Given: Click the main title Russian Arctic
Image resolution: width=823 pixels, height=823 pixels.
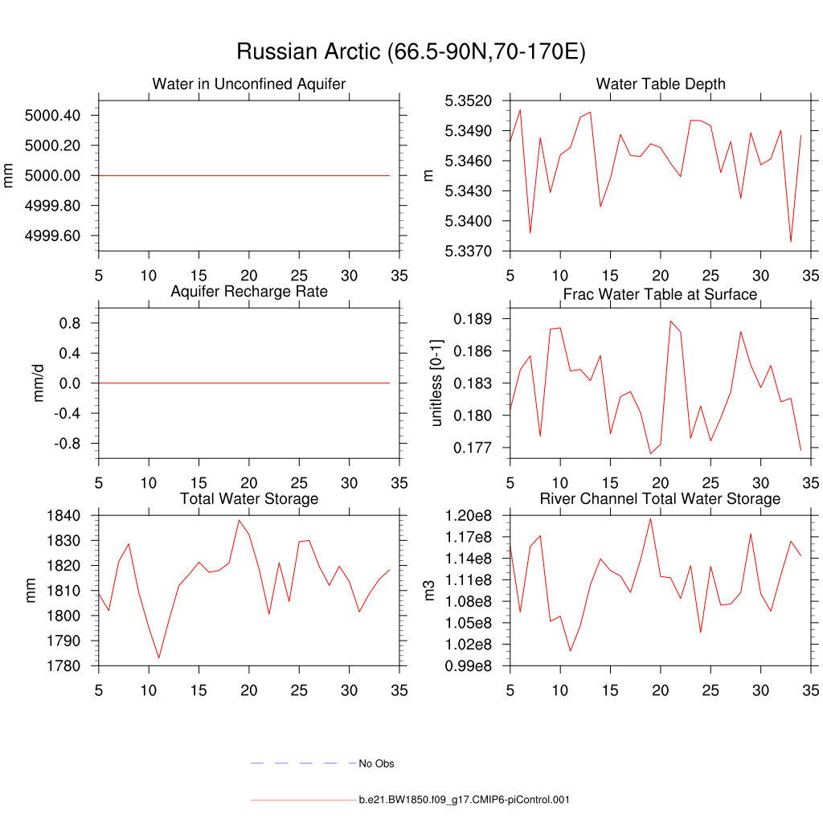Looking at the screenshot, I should [411, 52].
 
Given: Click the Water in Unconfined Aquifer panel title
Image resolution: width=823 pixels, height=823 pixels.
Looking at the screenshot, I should [249, 84].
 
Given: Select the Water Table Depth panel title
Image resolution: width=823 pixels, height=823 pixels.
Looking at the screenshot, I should [661, 84].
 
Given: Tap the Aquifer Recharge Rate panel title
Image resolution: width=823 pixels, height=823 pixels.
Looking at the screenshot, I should [249, 291].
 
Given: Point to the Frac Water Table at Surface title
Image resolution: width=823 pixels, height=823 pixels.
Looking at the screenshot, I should [661, 294].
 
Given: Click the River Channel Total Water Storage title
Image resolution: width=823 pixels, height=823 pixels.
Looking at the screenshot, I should [661, 499].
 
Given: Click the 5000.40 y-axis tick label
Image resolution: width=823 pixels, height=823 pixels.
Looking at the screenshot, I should [52, 116].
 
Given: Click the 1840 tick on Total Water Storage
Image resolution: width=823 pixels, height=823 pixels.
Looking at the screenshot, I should [68, 516].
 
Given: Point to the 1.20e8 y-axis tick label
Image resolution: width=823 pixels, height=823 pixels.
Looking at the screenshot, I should [471, 515].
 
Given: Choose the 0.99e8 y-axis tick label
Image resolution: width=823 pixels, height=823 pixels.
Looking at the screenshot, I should [471, 666].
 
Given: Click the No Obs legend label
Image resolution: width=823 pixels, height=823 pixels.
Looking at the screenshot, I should [376, 764].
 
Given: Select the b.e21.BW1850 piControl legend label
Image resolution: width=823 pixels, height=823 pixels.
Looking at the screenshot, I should [465, 800].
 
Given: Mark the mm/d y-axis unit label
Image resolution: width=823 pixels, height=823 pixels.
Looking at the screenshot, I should [38, 383].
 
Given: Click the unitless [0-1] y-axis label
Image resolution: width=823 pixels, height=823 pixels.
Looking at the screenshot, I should [437, 383].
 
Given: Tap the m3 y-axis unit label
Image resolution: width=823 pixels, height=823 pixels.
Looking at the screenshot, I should [429, 591].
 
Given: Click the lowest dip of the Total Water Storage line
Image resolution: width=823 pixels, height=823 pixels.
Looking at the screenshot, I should [158, 657].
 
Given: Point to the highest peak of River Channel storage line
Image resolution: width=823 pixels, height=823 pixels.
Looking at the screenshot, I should [650, 518].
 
